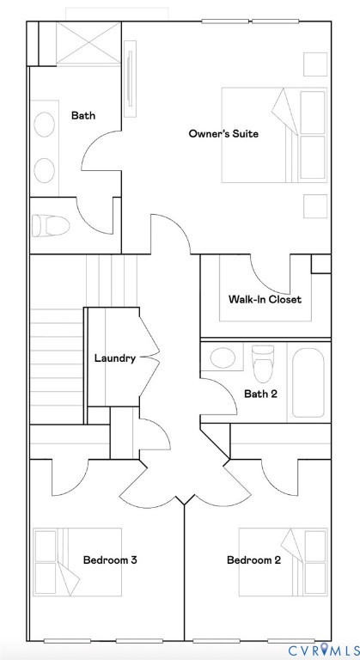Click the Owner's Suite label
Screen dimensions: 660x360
tap(223, 133)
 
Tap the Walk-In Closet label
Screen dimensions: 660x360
tap(265, 300)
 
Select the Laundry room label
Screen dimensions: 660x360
tap(114, 358)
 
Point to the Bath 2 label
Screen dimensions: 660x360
tap(260, 394)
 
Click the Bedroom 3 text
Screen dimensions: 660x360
tap(110, 560)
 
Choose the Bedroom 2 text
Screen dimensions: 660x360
tap(253, 560)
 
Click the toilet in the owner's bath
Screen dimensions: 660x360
tap(52, 226)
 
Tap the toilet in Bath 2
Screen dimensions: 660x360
tap(263, 360)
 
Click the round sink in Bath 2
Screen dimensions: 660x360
tap(223, 357)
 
